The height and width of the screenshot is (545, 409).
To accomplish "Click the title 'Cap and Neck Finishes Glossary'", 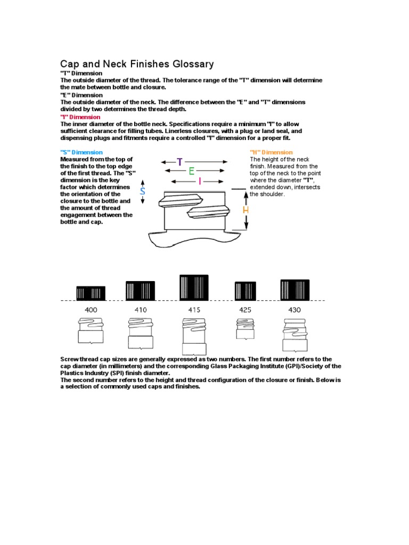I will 137,64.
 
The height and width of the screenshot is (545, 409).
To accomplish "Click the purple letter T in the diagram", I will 180,162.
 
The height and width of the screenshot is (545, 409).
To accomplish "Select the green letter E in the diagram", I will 191,171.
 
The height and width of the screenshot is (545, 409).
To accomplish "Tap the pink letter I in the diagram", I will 200,181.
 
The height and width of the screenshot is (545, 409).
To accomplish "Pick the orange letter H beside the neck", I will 246,210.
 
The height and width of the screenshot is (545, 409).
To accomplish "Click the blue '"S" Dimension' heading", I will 81,152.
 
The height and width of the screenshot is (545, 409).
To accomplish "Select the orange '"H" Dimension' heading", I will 271,152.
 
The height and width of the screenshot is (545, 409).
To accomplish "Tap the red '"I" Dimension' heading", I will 81,117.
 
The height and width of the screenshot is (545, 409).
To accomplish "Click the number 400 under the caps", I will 91,309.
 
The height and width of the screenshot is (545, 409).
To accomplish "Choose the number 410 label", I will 140,309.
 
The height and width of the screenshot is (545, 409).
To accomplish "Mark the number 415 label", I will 194,309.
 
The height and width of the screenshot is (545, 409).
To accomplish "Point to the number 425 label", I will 245,309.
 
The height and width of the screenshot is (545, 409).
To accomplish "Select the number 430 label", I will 295,309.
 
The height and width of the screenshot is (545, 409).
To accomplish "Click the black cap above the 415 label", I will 194,287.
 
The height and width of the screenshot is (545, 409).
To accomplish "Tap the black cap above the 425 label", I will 245,291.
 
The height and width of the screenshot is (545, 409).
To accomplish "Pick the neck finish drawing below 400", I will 91,330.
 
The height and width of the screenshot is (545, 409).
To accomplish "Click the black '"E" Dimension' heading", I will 81,95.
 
